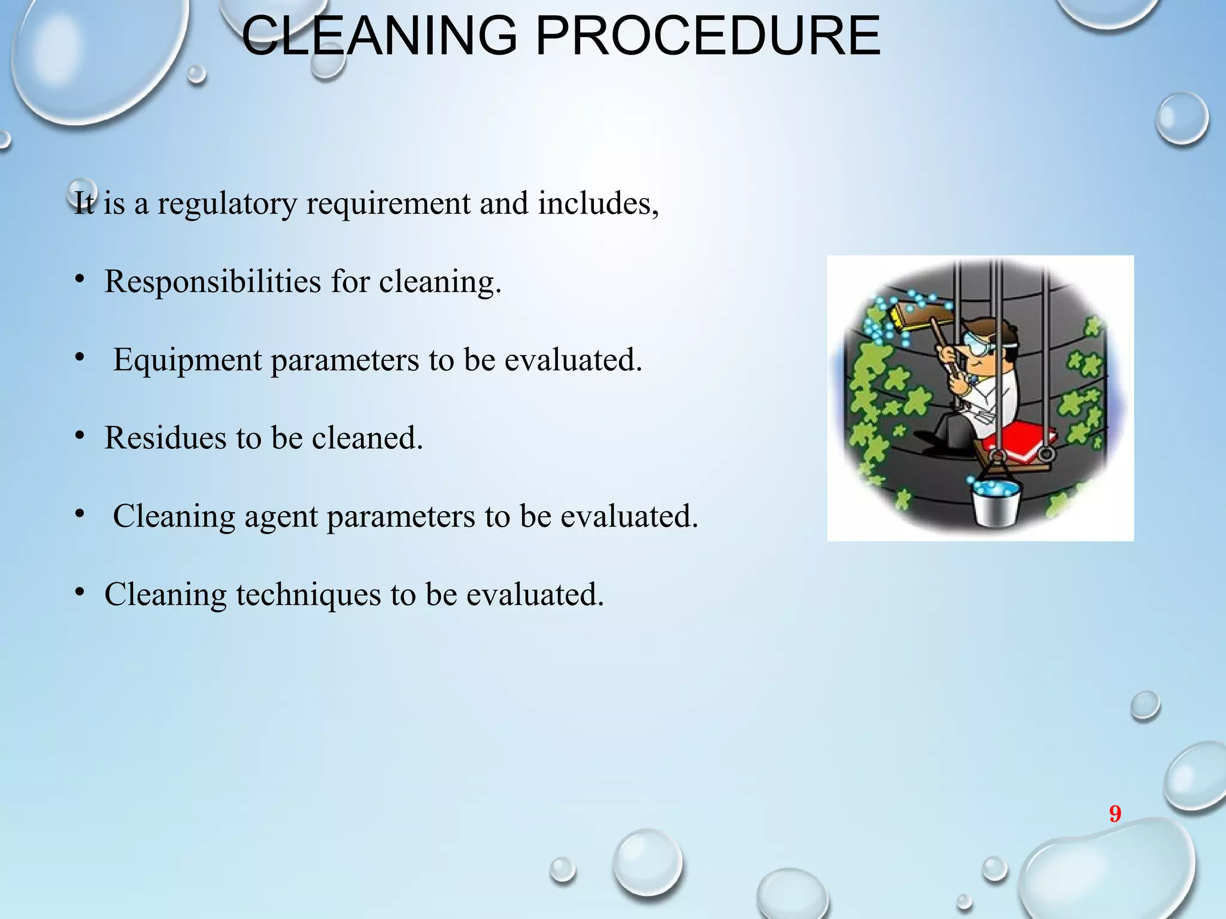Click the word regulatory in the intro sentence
[x=227, y=203]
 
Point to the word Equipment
[x=187, y=360]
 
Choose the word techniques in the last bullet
[x=308, y=595]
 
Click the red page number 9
[x=1115, y=814]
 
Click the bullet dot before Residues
[x=80, y=437]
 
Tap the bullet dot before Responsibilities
[x=80, y=280]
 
